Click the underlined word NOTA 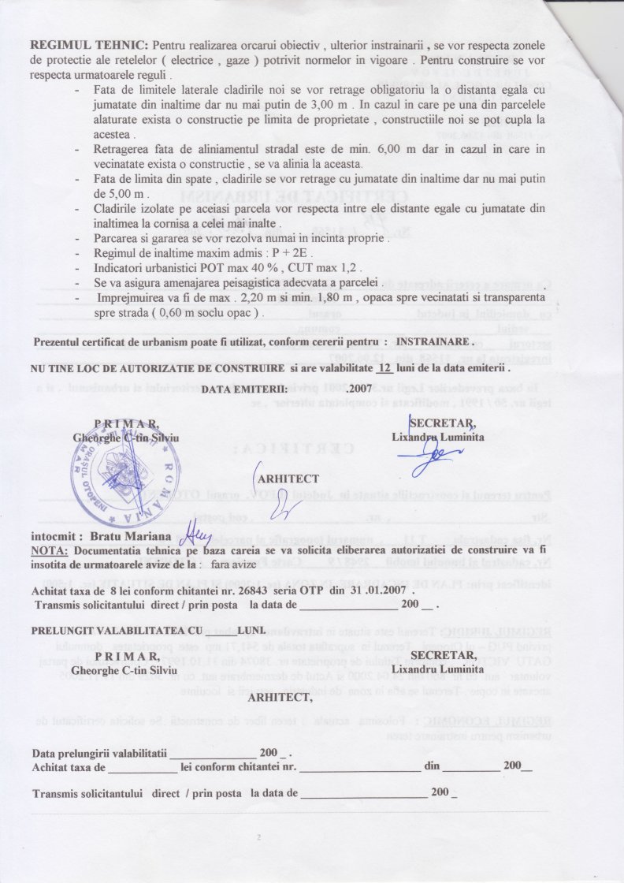[x=49, y=549]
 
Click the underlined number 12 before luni [x=383, y=368]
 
